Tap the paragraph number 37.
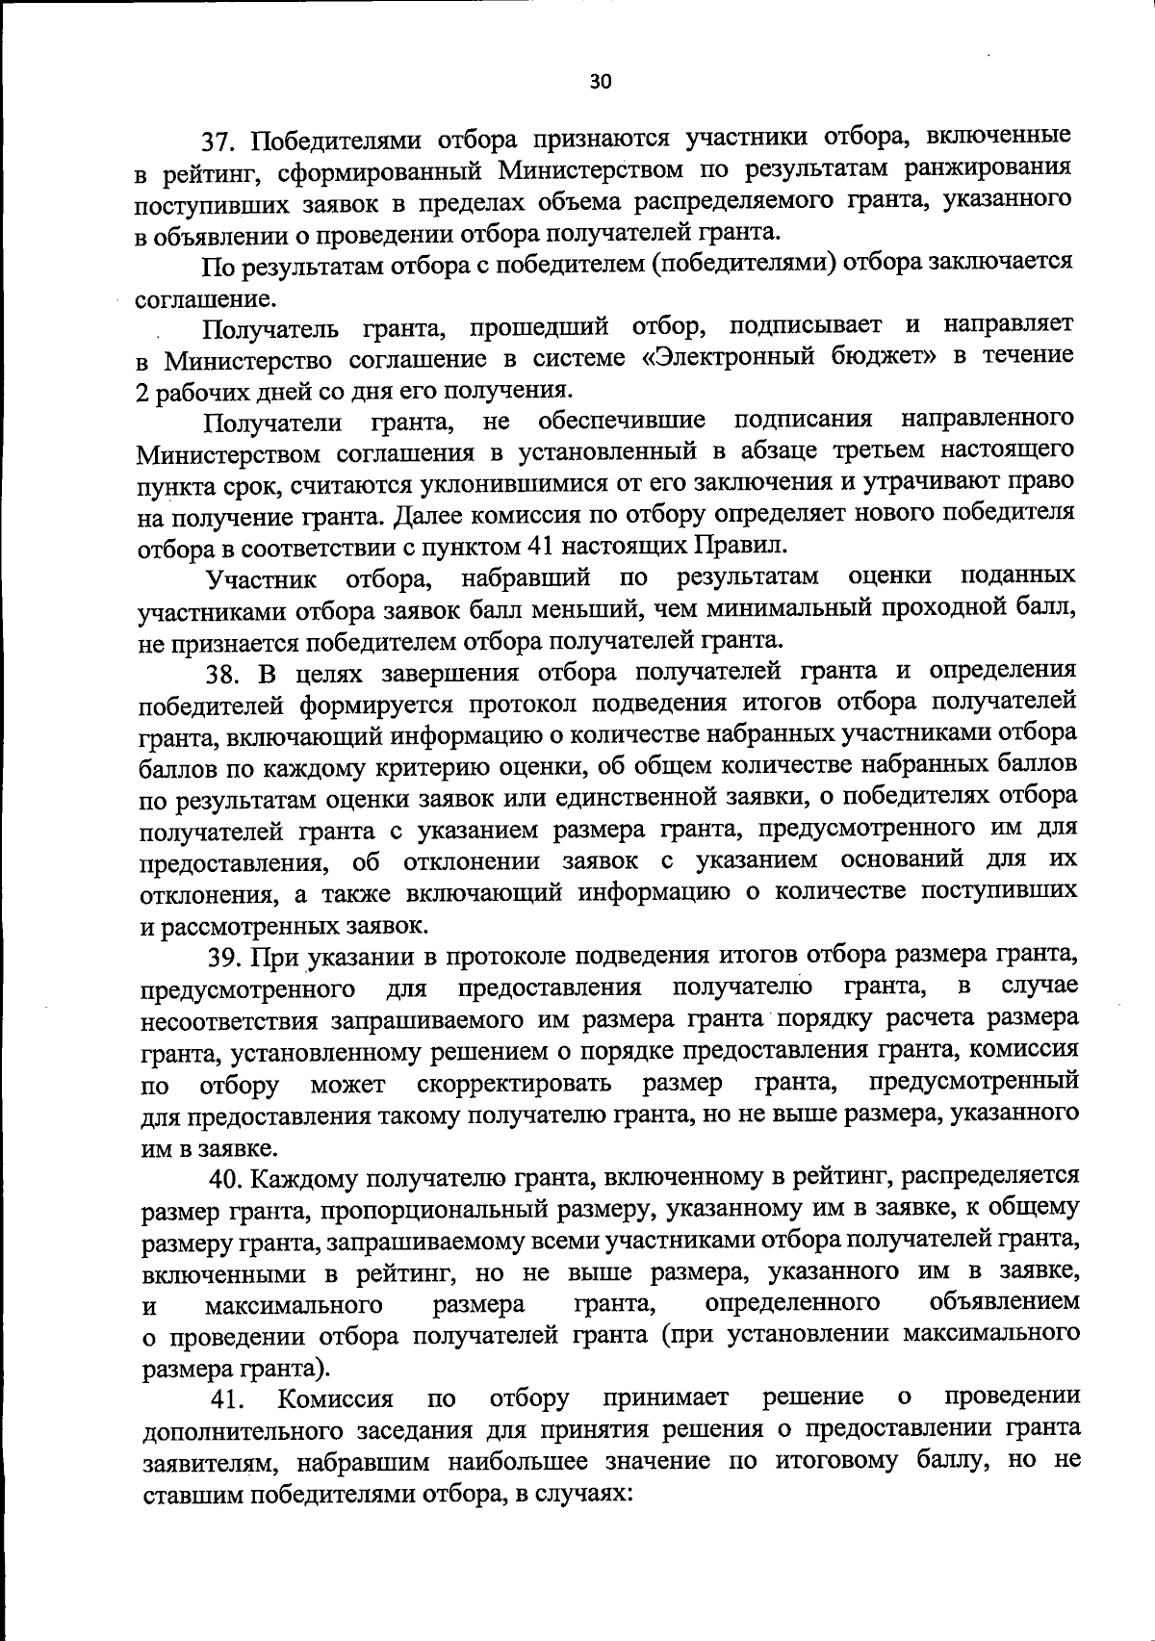click(x=218, y=141)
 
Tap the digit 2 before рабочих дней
click(x=144, y=391)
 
